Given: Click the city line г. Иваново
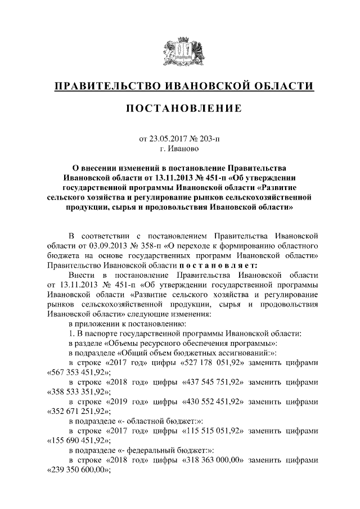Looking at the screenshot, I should point(179,149).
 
